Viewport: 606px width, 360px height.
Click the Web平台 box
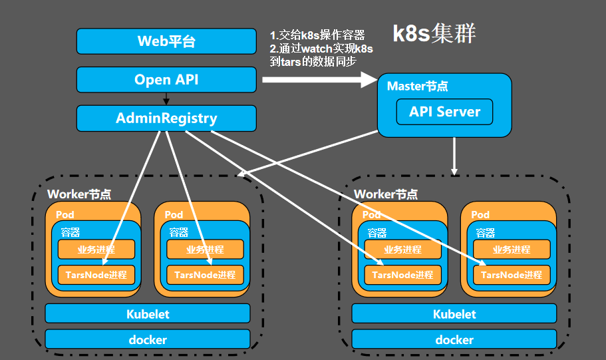pyautogui.click(x=166, y=41)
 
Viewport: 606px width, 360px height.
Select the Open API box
pyautogui.click(x=166, y=80)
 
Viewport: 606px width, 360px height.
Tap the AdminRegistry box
pyautogui.click(x=166, y=118)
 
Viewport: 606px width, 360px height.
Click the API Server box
pyautogui.click(x=444, y=111)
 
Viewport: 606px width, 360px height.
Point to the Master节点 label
pyautogui.click(x=417, y=87)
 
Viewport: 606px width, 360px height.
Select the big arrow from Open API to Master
pyautogui.click(x=319, y=80)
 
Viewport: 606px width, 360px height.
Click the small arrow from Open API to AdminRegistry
pyautogui.click(x=166, y=99)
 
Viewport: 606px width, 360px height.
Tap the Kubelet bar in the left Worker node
pyautogui.click(x=148, y=313)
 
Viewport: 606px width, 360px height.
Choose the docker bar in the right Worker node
pyautogui.click(x=454, y=339)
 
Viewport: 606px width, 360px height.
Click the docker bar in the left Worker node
pyautogui.click(x=148, y=339)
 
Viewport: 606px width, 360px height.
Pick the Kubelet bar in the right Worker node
pyautogui.click(x=454, y=313)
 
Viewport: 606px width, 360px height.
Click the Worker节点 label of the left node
pyautogui.click(x=79, y=194)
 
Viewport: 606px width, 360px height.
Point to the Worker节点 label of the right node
pyautogui.click(x=386, y=194)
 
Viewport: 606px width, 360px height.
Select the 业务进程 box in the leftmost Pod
pyautogui.click(x=96, y=250)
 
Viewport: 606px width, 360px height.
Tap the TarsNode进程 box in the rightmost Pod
pyautogui.click(x=512, y=274)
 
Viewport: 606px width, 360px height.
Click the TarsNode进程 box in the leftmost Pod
pyautogui.click(x=96, y=274)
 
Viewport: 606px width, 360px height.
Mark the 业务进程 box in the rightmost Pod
pyautogui.click(x=512, y=250)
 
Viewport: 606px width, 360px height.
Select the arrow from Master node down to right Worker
pyautogui.click(x=454, y=156)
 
